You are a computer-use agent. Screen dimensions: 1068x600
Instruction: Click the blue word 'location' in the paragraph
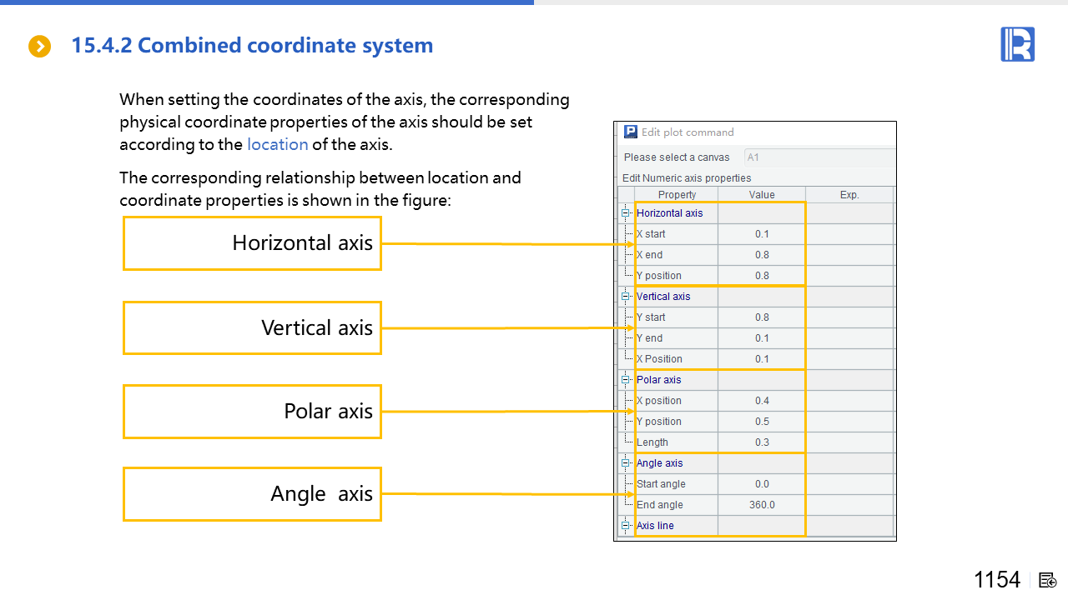click(278, 144)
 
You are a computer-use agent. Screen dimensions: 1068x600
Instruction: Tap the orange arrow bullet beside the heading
click(39, 46)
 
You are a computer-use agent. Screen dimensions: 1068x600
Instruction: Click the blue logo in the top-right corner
click(1017, 44)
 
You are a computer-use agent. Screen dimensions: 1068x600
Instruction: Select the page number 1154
click(997, 579)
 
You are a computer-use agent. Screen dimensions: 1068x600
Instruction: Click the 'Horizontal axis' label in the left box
click(302, 242)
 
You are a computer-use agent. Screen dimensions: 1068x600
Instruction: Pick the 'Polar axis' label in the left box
click(328, 411)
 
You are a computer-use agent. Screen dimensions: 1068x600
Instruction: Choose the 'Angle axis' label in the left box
click(321, 494)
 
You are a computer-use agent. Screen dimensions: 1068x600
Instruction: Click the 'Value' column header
click(762, 195)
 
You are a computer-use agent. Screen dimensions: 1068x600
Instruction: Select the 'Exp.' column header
click(849, 195)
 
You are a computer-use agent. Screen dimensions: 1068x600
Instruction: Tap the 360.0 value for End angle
click(762, 505)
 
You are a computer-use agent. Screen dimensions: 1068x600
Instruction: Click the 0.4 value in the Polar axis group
click(762, 401)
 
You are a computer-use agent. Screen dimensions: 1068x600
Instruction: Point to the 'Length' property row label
click(652, 442)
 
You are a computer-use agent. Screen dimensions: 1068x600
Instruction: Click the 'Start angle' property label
click(661, 484)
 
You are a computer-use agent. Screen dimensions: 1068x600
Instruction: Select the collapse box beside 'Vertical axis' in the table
click(625, 296)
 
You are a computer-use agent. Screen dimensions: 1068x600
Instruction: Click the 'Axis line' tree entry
click(655, 525)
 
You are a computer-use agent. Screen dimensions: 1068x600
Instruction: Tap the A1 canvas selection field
click(819, 157)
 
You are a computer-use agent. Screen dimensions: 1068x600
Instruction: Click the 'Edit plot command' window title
click(688, 132)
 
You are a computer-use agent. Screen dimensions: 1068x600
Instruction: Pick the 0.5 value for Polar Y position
click(762, 422)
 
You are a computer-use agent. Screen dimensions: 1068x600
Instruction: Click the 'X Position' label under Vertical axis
click(659, 359)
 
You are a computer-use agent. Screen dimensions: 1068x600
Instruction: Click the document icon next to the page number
click(1047, 581)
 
